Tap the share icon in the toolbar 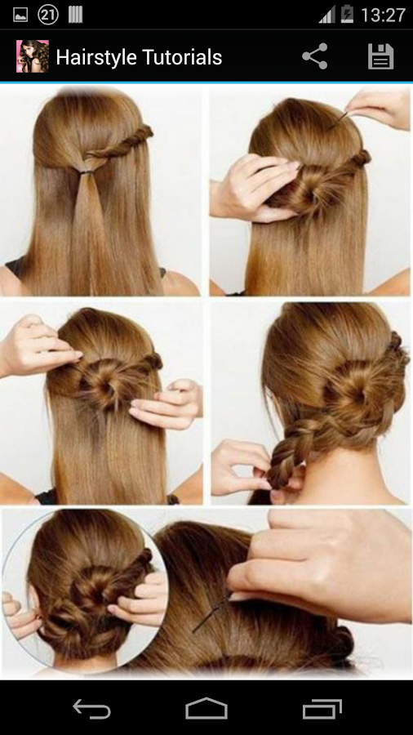[315, 56]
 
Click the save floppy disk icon [380, 56]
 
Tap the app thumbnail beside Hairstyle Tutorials [33, 56]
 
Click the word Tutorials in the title [180, 56]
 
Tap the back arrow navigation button [91, 708]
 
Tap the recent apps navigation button [322, 709]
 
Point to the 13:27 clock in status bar [383, 16]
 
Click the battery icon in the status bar [348, 15]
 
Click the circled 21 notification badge [48, 15]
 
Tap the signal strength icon [326, 15]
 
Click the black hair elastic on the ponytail [87, 172]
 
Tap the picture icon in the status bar [20, 15]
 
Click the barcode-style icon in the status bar [75, 15]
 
